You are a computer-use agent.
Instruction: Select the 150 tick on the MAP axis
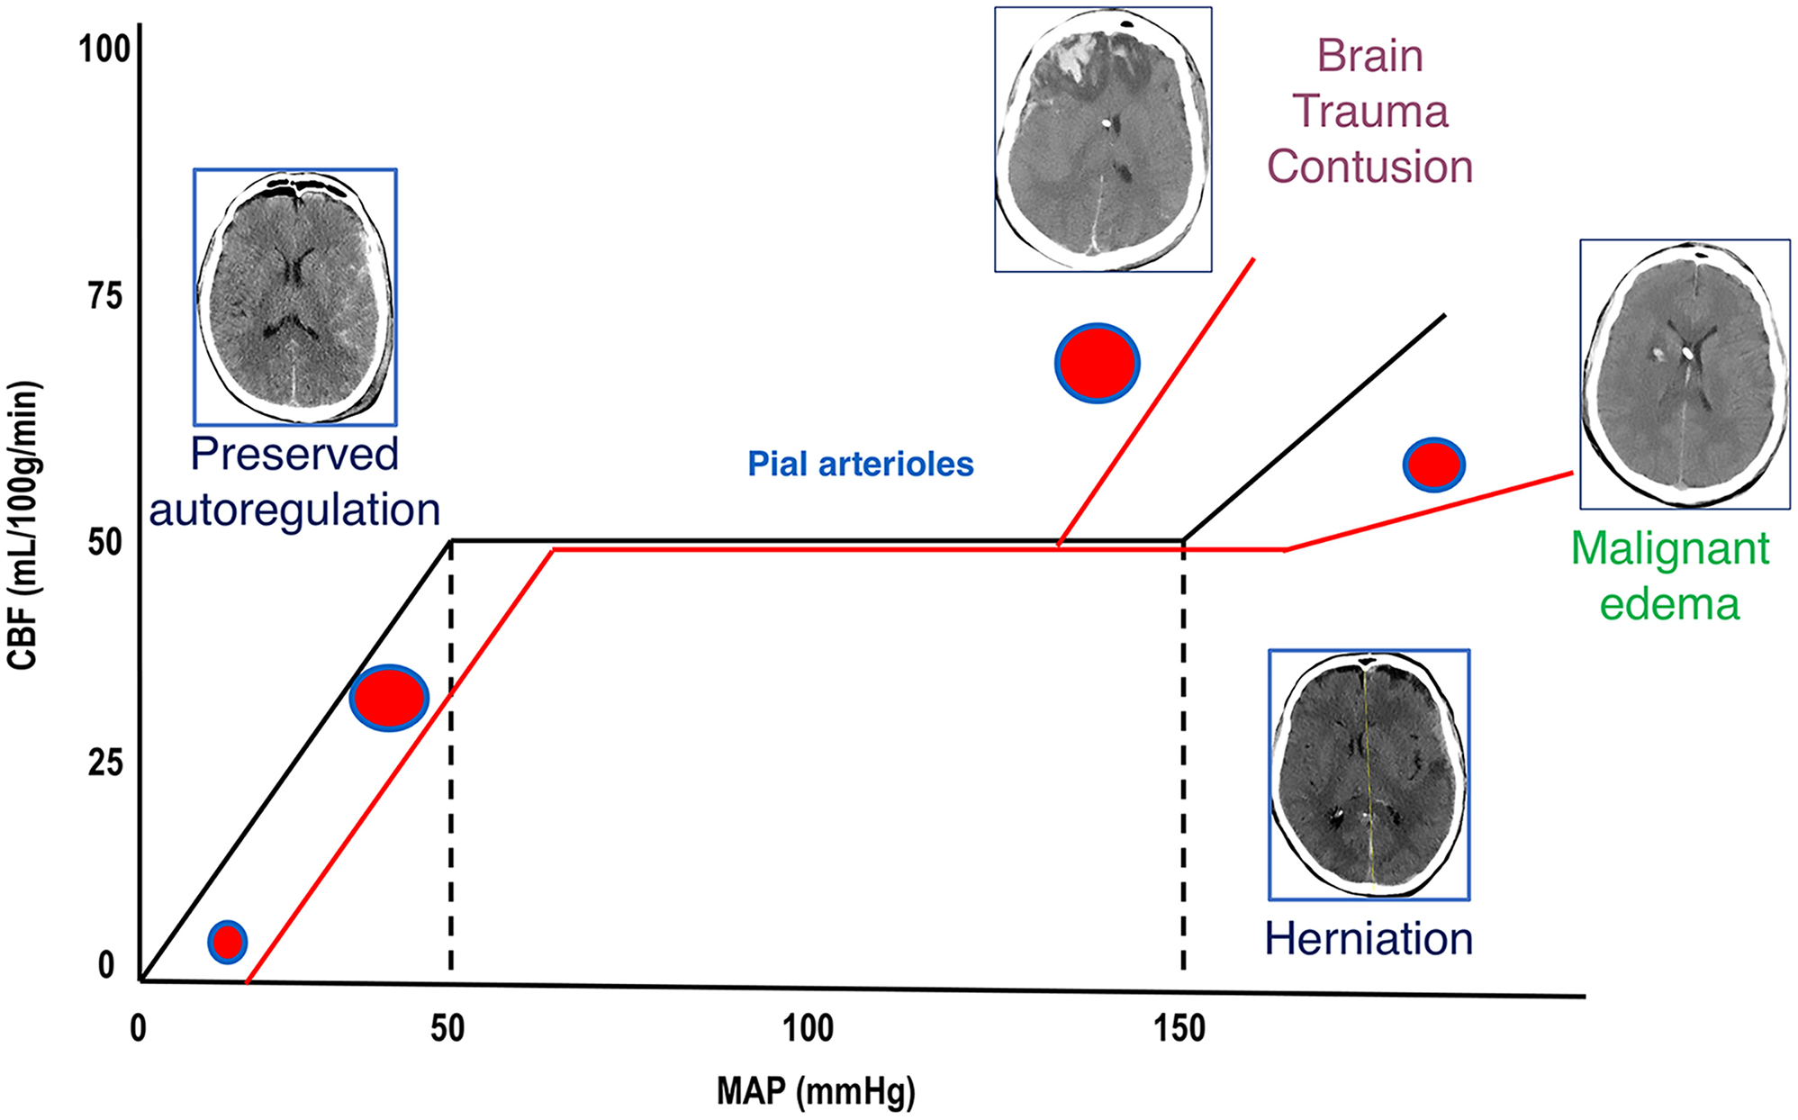click(x=1179, y=1027)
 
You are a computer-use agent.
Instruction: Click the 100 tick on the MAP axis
click(x=808, y=1027)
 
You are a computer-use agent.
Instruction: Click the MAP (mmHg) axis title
click(x=816, y=1091)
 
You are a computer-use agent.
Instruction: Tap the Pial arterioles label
click(x=861, y=464)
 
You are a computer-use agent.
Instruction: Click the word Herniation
click(x=1369, y=938)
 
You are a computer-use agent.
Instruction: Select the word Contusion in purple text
click(x=1369, y=167)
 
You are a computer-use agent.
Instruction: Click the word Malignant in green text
click(x=1670, y=548)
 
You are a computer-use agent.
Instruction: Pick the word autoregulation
click(x=294, y=510)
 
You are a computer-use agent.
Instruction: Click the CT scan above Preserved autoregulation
click(x=295, y=296)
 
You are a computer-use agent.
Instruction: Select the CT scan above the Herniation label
click(x=1369, y=774)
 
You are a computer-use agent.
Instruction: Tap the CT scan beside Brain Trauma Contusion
click(x=1103, y=140)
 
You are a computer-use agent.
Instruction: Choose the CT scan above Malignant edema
click(x=1685, y=374)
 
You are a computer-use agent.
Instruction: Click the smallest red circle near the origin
click(x=228, y=942)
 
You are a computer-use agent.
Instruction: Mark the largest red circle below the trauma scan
click(x=1097, y=363)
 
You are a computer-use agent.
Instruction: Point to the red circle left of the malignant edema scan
click(x=1434, y=465)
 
